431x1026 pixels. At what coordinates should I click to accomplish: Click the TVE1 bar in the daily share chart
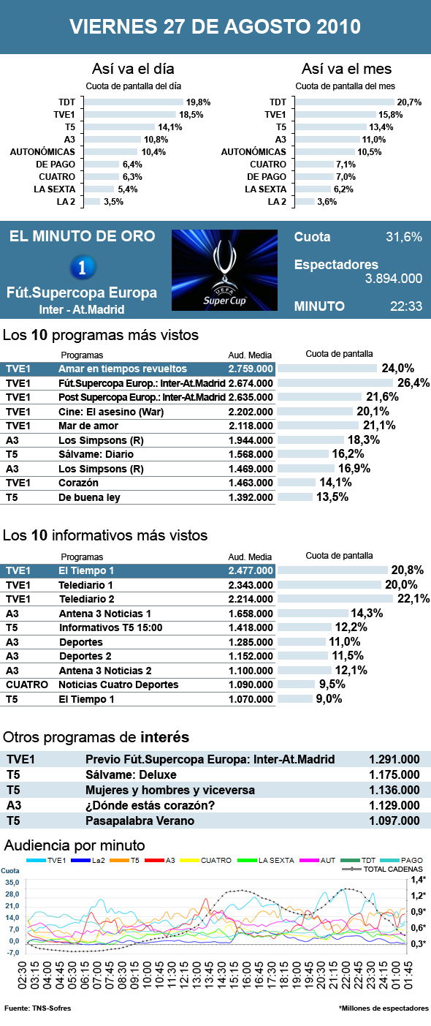pyautogui.click(x=131, y=115)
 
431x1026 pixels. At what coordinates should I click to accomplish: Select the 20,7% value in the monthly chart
pyautogui.click(x=409, y=102)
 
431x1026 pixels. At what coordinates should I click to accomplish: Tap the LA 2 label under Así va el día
pyautogui.click(x=66, y=202)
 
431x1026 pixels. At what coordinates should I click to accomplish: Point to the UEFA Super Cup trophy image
pyautogui.click(x=225, y=270)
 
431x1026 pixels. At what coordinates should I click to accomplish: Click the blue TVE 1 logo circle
pyautogui.click(x=83, y=267)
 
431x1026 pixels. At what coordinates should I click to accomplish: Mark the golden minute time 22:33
pyautogui.click(x=406, y=306)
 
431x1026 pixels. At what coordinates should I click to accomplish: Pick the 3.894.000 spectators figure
pyautogui.click(x=394, y=279)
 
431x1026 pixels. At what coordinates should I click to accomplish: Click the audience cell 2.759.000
pyautogui.click(x=251, y=369)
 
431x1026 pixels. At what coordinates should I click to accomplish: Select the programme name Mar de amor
pyautogui.click(x=88, y=426)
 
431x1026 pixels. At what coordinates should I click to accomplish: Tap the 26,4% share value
pyautogui.click(x=413, y=382)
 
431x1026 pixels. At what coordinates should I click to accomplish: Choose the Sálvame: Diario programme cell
pyautogui.click(x=96, y=454)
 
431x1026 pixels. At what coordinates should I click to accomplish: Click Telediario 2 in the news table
pyautogui.click(x=86, y=599)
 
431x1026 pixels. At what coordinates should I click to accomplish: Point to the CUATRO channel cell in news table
pyautogui.click(x=27, y=684)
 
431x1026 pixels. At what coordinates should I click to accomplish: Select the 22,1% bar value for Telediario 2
pyautogui.click(x=413, y=598)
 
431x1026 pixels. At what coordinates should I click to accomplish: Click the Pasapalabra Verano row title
pyautogui.click(x=140, y=821)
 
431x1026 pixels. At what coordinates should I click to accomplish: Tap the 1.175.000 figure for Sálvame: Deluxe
pyautogui.click(x=394, y=774)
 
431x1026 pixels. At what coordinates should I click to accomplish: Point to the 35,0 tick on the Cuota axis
pyautogui.click(x=12, y=882)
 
